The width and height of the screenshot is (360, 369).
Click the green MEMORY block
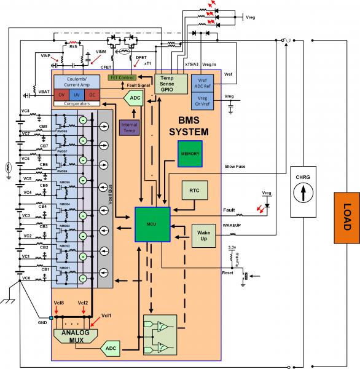tap(188, 153)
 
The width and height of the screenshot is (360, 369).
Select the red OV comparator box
tap(61, 95)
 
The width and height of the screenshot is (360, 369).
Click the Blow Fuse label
tap(236, 165)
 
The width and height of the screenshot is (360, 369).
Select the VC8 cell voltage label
tap(25, 111)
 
